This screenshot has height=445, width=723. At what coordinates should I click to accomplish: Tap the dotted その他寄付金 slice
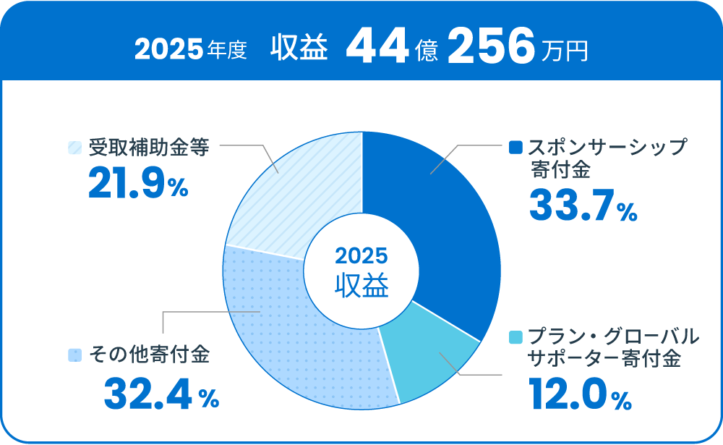coord(289,333)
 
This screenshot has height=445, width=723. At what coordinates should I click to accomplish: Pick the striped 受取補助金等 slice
coord(296,195)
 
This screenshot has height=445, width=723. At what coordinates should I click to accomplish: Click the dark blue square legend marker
coord(515,148)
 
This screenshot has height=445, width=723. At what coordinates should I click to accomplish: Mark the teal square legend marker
coord(515,338)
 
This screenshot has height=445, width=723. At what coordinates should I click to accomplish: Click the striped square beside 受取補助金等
coord(74,147)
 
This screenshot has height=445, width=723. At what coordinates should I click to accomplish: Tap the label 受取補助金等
coord(149,148)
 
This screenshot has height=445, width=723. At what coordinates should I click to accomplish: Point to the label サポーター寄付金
coord(604,359)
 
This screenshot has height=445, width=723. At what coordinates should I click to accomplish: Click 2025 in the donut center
coord(361,256)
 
